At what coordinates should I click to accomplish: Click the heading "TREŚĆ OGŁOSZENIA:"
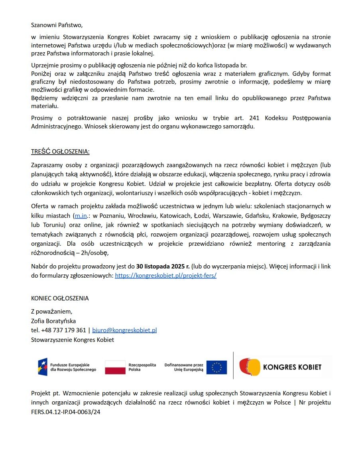(x=60, y=152)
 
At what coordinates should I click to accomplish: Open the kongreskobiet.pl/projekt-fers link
(x=165, y=275)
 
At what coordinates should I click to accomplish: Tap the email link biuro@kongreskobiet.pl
(x=124, y=330)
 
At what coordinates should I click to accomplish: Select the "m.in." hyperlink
(x=81, y=215)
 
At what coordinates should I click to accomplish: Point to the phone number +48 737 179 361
(x=63, y=330)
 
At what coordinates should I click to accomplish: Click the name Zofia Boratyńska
(x=53, y=321)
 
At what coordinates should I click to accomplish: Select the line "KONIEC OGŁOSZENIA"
(x=60, y=298)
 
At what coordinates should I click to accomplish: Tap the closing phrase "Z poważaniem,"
(x=52, y=312)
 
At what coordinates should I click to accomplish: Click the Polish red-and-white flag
(x=116, y=367)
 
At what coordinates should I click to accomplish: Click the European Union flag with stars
(x=216, y=367)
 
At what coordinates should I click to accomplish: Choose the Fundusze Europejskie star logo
(x=43, y=367)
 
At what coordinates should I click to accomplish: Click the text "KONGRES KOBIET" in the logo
(x=292, y=367)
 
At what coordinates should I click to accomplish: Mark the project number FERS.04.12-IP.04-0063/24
(x=66, y=412)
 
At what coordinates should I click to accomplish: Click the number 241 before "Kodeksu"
(x=254, y=118)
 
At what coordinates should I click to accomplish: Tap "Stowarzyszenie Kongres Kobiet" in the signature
(x=73, y=339)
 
